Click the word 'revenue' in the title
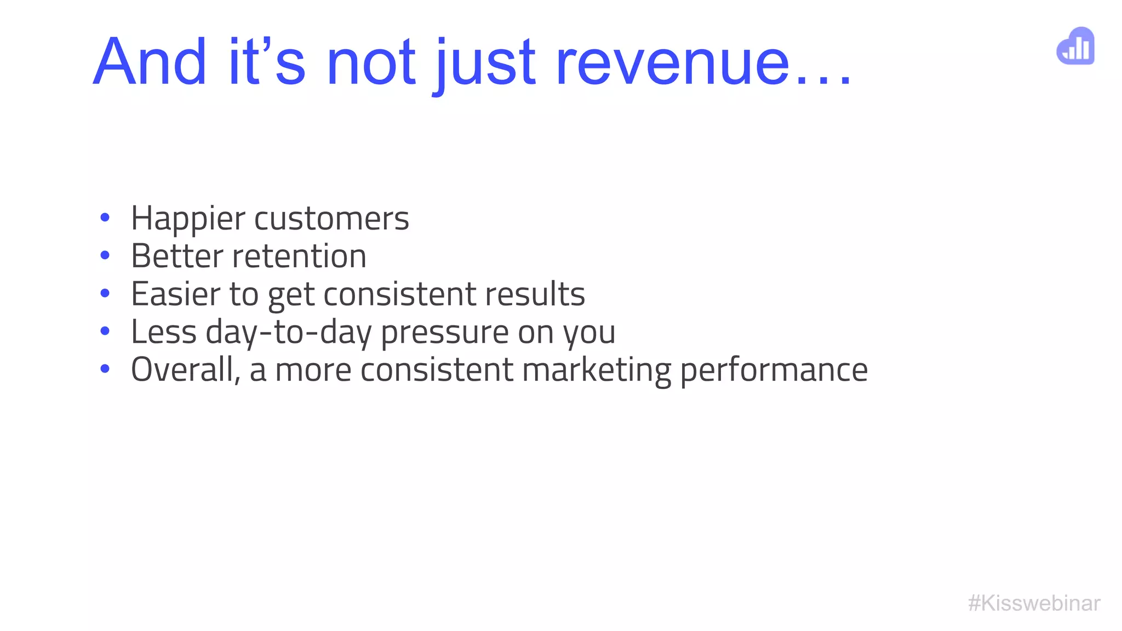(673, 62)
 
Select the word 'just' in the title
(484, 64)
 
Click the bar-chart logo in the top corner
(1075, 46)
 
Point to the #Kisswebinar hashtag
(1034, 603)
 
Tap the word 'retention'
(299, 256)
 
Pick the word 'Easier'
(175, 294)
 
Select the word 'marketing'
(597, 370)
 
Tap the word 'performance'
(774, 370)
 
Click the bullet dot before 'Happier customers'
(105, 218)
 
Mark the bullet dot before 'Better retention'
(105, 255)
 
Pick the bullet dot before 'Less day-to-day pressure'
(105, 331)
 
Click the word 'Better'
(177, 256)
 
